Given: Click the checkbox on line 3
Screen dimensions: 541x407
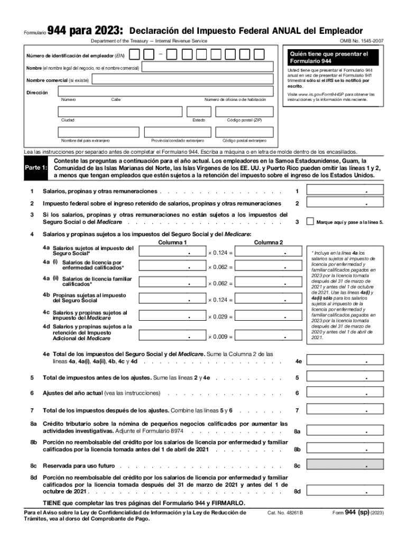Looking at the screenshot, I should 310,222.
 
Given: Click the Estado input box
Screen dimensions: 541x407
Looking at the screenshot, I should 198,111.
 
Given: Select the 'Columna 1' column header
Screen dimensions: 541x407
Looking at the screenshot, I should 173,242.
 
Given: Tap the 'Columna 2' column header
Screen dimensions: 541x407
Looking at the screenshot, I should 269,242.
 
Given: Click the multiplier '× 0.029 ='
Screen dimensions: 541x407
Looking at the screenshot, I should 220,316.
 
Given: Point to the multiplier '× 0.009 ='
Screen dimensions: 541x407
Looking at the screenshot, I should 220,337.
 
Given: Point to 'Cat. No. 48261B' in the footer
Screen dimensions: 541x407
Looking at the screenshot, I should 285,513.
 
